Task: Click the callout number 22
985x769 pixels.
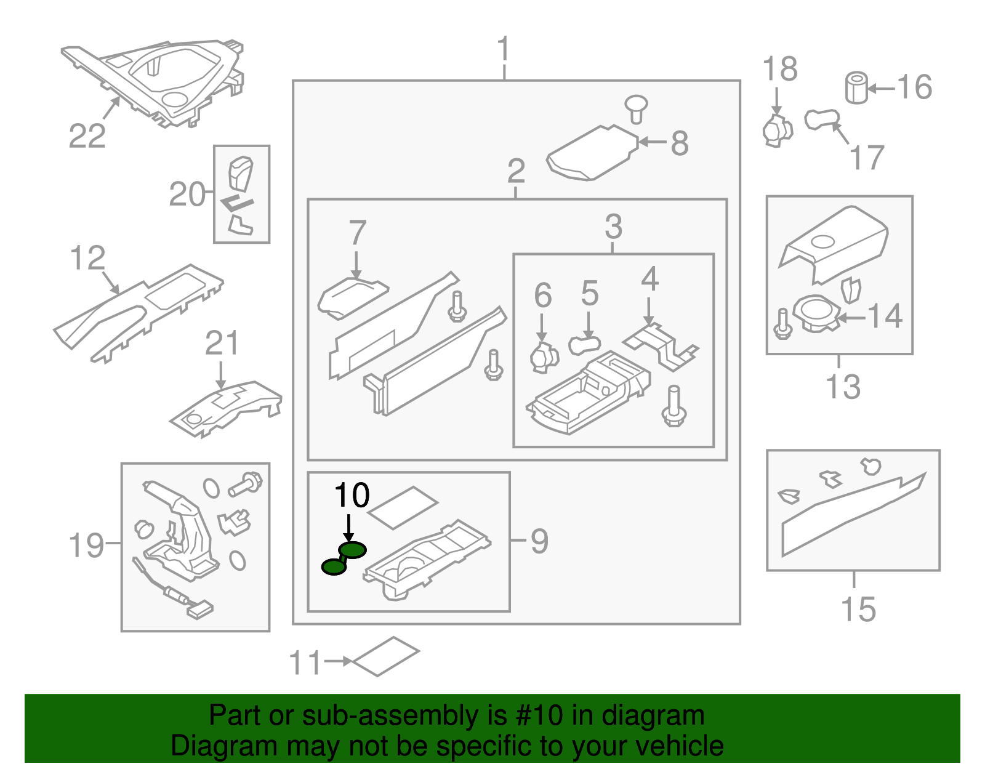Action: point(87,136)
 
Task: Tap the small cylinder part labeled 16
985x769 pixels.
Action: point(856,88)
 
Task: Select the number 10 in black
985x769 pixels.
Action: point(352,495)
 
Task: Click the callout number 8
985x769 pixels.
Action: point(679,143)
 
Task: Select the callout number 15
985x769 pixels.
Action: point(858,609)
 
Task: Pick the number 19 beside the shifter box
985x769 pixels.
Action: point(86,545)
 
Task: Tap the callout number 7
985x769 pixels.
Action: point(358,233)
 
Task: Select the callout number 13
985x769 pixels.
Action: point(842,387)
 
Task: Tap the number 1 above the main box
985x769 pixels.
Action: point(504,49)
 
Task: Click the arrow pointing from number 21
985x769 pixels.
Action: point(221,375)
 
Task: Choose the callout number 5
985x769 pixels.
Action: point(589,293)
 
